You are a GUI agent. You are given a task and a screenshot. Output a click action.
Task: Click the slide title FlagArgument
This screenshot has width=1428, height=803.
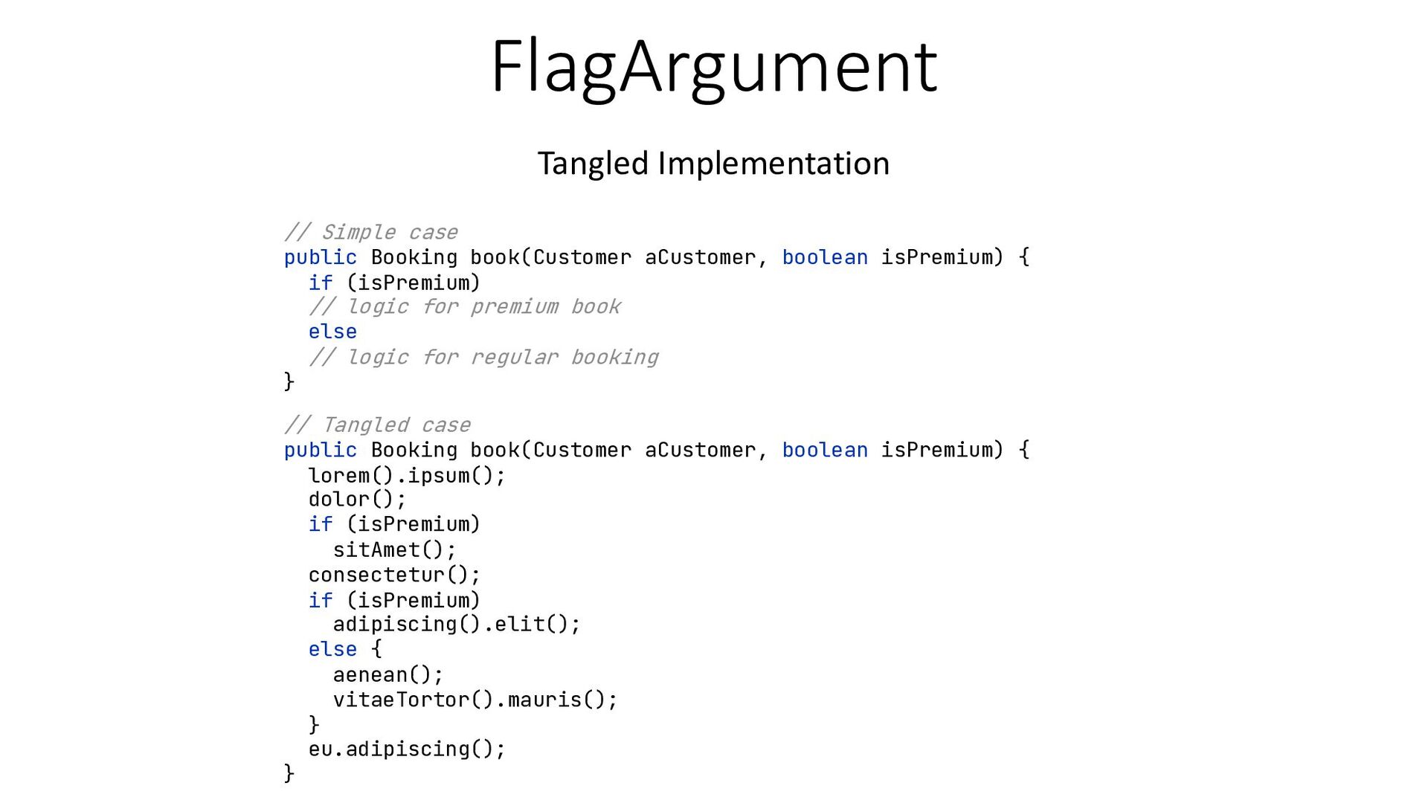coord(713,67)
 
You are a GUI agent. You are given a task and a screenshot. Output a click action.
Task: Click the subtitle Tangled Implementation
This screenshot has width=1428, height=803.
coord(713,163)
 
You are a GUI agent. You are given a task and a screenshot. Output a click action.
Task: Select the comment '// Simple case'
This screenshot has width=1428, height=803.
coord(371,232)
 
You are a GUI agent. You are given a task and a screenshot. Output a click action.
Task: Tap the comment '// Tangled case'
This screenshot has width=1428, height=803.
coord(377,425)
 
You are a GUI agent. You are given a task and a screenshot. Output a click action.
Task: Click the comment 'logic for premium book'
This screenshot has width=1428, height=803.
coord(465,306)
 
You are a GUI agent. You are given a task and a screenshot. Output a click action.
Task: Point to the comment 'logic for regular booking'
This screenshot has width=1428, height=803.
coord(483,357)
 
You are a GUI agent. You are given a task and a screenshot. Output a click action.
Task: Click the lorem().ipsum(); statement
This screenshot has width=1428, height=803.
coord(407,475)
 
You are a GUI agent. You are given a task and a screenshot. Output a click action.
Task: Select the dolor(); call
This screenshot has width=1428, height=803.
coord(357,499)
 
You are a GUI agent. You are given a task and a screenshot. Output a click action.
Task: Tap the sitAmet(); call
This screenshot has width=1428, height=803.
coord(394,549)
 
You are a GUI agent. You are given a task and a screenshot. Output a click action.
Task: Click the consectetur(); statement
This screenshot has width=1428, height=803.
coord(394,575)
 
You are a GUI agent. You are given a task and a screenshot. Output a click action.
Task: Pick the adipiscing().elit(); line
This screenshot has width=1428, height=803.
coord(456,624)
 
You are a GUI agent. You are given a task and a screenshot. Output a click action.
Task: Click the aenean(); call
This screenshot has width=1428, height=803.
coord(387,674)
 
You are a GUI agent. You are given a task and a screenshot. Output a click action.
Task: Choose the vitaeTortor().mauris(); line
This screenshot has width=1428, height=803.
coord(475,700)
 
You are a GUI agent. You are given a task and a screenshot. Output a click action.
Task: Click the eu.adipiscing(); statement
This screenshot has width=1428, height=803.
coord(407,749)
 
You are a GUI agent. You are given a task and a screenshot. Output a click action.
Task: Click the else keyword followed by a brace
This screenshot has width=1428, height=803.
coord(332,649)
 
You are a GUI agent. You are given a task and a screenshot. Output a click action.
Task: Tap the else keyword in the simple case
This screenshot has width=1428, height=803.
coord(332,332)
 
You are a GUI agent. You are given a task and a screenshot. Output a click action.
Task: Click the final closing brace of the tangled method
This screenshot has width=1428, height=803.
coord(289,773)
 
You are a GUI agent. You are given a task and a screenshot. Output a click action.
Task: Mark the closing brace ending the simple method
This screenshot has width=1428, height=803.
coord(289,381)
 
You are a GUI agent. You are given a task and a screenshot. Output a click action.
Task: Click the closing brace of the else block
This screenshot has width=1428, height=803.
coord(314,723)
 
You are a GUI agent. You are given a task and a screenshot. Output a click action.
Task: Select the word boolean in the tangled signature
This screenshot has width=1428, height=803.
coord(825,450)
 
